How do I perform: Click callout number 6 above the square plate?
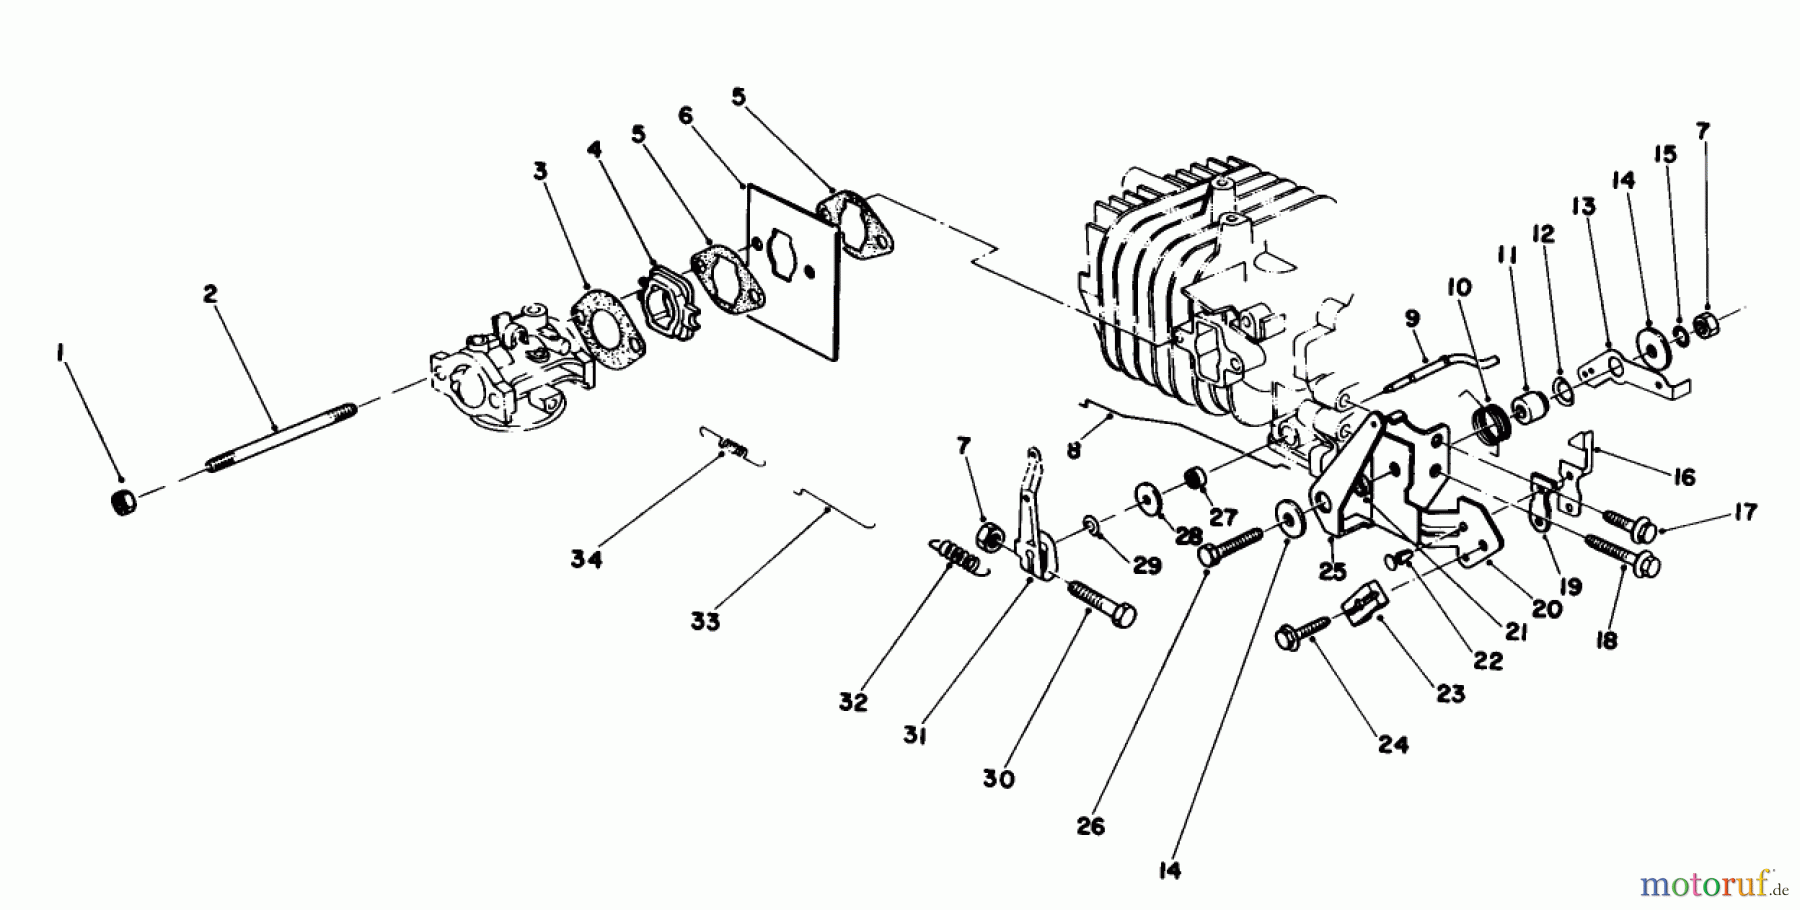click(685, 116)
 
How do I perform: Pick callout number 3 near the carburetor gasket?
click(540, 172)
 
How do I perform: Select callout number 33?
click(704, 621)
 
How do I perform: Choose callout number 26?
click(1091, 827)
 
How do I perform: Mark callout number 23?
click(1451, 693)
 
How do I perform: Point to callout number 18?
click(1607, 641)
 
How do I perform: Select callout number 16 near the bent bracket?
click(1684, 478)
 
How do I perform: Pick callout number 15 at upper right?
click(1664, 154)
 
